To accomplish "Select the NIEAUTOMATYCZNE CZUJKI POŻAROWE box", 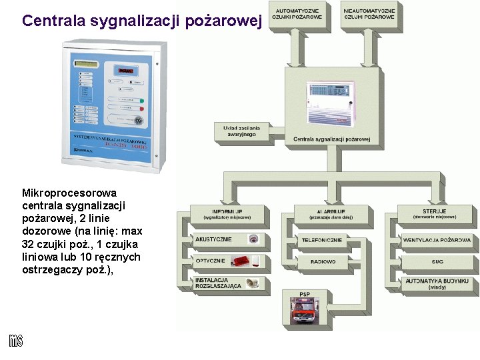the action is point(370,14).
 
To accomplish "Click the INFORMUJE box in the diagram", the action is point(227,214).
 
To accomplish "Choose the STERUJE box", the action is point(435,214).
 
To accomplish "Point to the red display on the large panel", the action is point(126,69).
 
